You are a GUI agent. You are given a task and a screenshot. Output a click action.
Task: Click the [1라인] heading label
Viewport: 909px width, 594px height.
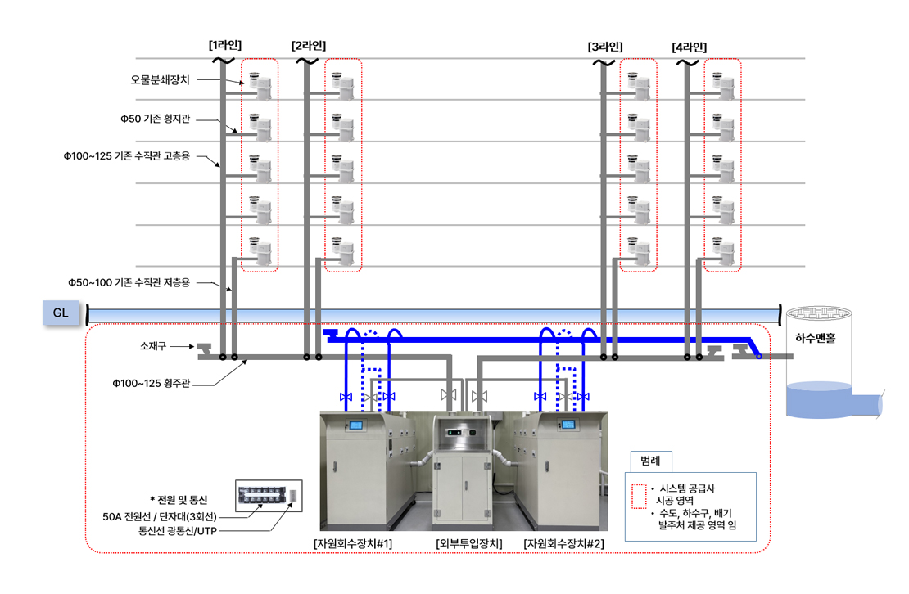[225, 46]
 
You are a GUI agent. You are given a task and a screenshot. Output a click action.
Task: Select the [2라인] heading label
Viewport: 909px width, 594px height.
[308, 46]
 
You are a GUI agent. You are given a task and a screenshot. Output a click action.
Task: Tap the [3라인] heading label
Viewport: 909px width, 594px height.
[604, 47]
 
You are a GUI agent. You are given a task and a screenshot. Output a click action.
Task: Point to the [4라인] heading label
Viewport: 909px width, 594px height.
[689, 47]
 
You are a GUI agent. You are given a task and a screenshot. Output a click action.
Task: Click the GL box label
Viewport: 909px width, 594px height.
[61, 313]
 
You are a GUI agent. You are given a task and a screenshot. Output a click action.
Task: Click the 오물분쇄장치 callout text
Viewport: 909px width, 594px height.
[161, 80]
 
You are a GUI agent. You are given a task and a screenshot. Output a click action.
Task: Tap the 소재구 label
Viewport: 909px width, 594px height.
[153, 346]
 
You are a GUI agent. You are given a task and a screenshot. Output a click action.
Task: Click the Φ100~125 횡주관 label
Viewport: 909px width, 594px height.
[151, 382]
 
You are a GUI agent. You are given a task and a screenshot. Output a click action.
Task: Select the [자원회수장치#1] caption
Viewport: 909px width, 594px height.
[354, 543]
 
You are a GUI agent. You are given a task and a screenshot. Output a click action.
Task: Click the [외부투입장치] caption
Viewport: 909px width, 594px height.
[468, 543]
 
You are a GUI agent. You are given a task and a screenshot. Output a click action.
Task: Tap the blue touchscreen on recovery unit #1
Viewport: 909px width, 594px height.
[357, 425]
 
